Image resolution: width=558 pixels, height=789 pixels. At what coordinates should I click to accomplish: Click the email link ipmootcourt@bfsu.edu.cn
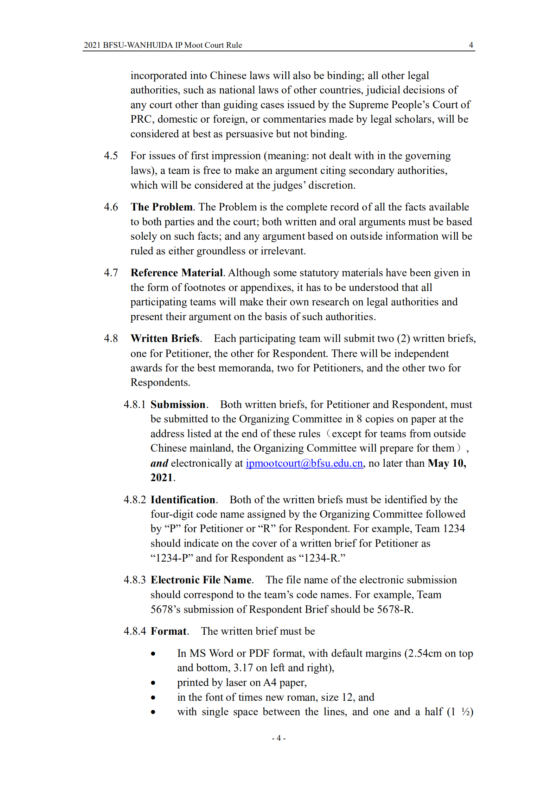tap(304, 463)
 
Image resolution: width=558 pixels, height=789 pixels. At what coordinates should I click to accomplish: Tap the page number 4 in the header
tap(471, 45)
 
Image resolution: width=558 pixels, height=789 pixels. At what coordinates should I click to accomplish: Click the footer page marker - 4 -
tap(278, 738)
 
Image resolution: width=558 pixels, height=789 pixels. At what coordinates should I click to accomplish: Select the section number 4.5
tap(111, 156)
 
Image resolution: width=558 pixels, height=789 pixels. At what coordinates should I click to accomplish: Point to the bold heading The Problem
tap(161, 207)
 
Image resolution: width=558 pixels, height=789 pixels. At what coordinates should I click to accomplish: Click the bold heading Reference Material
tap(177, 273)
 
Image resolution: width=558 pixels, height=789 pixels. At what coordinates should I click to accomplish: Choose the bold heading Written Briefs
tap(165, 338)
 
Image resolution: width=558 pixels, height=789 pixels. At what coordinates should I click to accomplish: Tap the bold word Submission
tap(178, 405)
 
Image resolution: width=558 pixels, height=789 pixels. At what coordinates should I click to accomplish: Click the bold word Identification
tap(183, 500)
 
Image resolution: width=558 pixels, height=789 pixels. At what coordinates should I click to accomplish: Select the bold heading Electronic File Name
tap(201, 580)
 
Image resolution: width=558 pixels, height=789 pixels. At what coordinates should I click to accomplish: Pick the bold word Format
tap(168, 631)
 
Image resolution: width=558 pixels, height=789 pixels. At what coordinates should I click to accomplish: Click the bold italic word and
tap(159, 463)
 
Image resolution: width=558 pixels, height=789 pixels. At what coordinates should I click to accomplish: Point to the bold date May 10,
tap(447, 463)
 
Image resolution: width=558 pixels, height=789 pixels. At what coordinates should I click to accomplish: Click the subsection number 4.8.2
tap(135, 500)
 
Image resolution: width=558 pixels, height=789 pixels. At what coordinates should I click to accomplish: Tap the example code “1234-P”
tap(172, 558)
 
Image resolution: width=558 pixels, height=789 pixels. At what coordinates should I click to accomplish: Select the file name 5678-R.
tap(394, 609)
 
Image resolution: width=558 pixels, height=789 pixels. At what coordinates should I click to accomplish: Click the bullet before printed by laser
tap(153, 683)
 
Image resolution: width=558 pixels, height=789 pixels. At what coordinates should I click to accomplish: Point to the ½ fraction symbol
tap(466, 712)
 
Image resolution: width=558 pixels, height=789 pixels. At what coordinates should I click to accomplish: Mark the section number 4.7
tap(111, 273)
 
